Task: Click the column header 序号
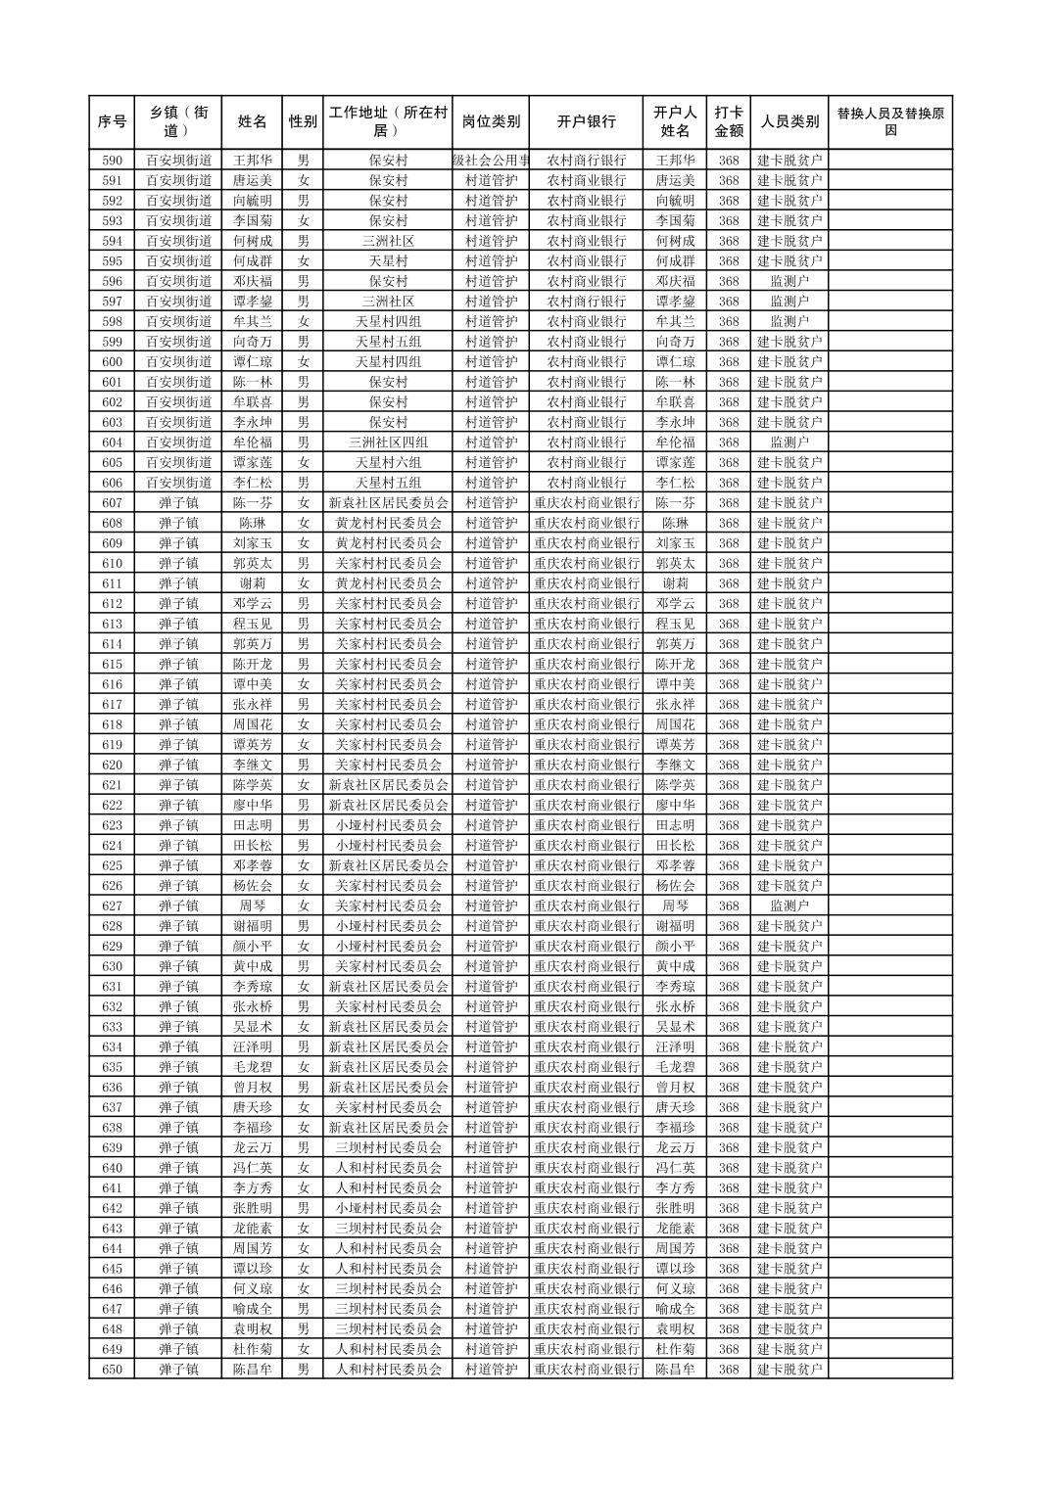point(112,122)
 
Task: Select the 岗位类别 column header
point(491,122)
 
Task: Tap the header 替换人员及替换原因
point(889,122)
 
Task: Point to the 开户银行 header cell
point(586,122)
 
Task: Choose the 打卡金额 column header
point(728,122)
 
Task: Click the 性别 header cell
point(303,122)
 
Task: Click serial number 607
point(112,503)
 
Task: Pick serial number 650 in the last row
point(112,1370)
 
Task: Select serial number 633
point(112,1027)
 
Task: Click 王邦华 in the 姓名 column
point(252,161)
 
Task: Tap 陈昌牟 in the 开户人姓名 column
point(675,1370)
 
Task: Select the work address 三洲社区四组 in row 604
point(388,442)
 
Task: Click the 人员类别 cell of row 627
point(789,907)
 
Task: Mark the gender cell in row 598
point(303,322)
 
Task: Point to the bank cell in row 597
point(586,302)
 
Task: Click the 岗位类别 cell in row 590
point(491,161)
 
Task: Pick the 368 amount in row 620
point(728,766)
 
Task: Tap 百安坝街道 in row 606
point(178,483)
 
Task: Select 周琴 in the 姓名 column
point(252,907)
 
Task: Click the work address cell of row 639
point(388,1147)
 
